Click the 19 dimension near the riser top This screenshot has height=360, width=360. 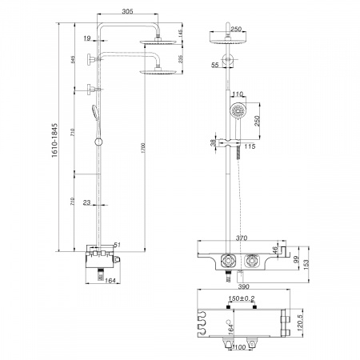(x=86, y=38)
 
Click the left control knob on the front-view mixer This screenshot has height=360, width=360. (x=227, y=260)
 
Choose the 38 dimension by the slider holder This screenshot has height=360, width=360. (x=212, y=145)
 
